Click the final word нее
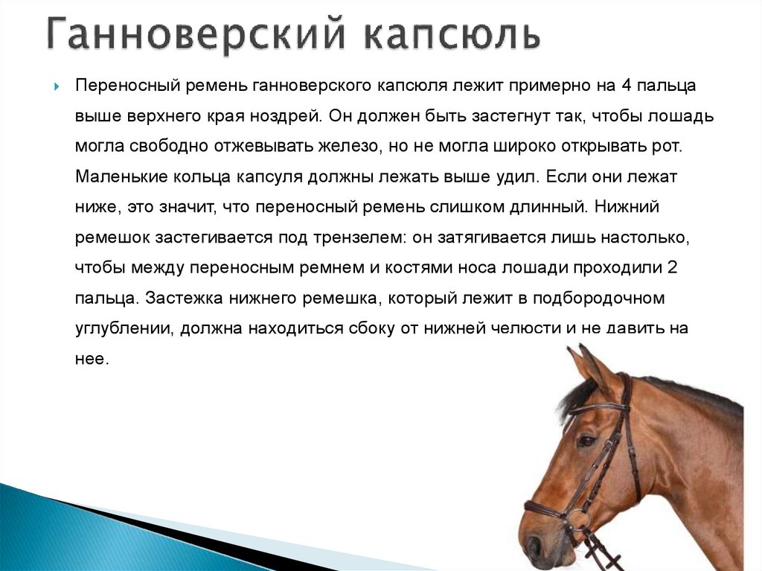pos(92,359)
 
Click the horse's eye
pos(587,441)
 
